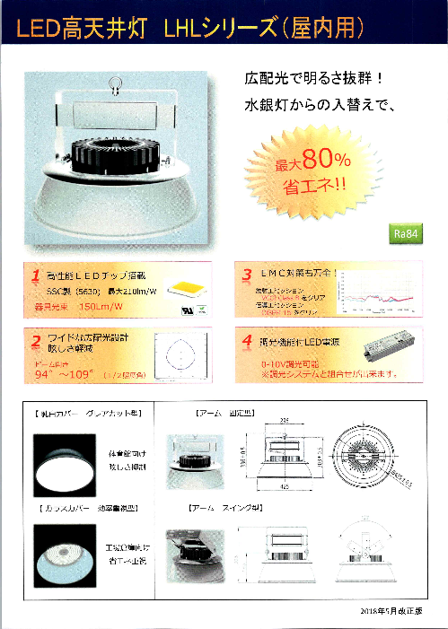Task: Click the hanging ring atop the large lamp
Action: coord(115,86)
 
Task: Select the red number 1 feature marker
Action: coord(35,275)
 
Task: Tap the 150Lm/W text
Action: coord(101,308)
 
